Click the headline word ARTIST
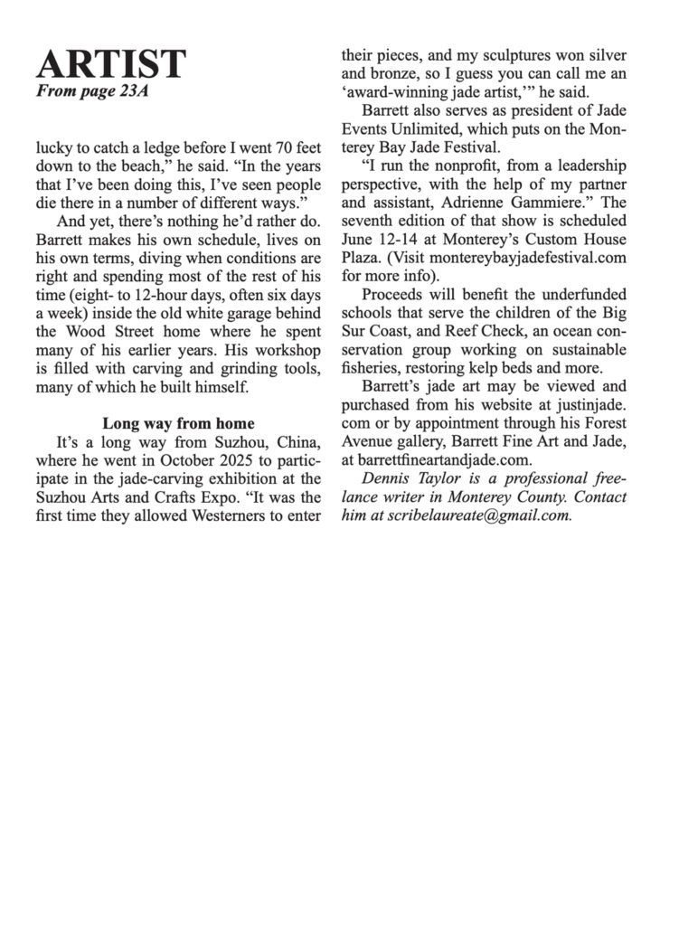[111, 63]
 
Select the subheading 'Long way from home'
[177, 423]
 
